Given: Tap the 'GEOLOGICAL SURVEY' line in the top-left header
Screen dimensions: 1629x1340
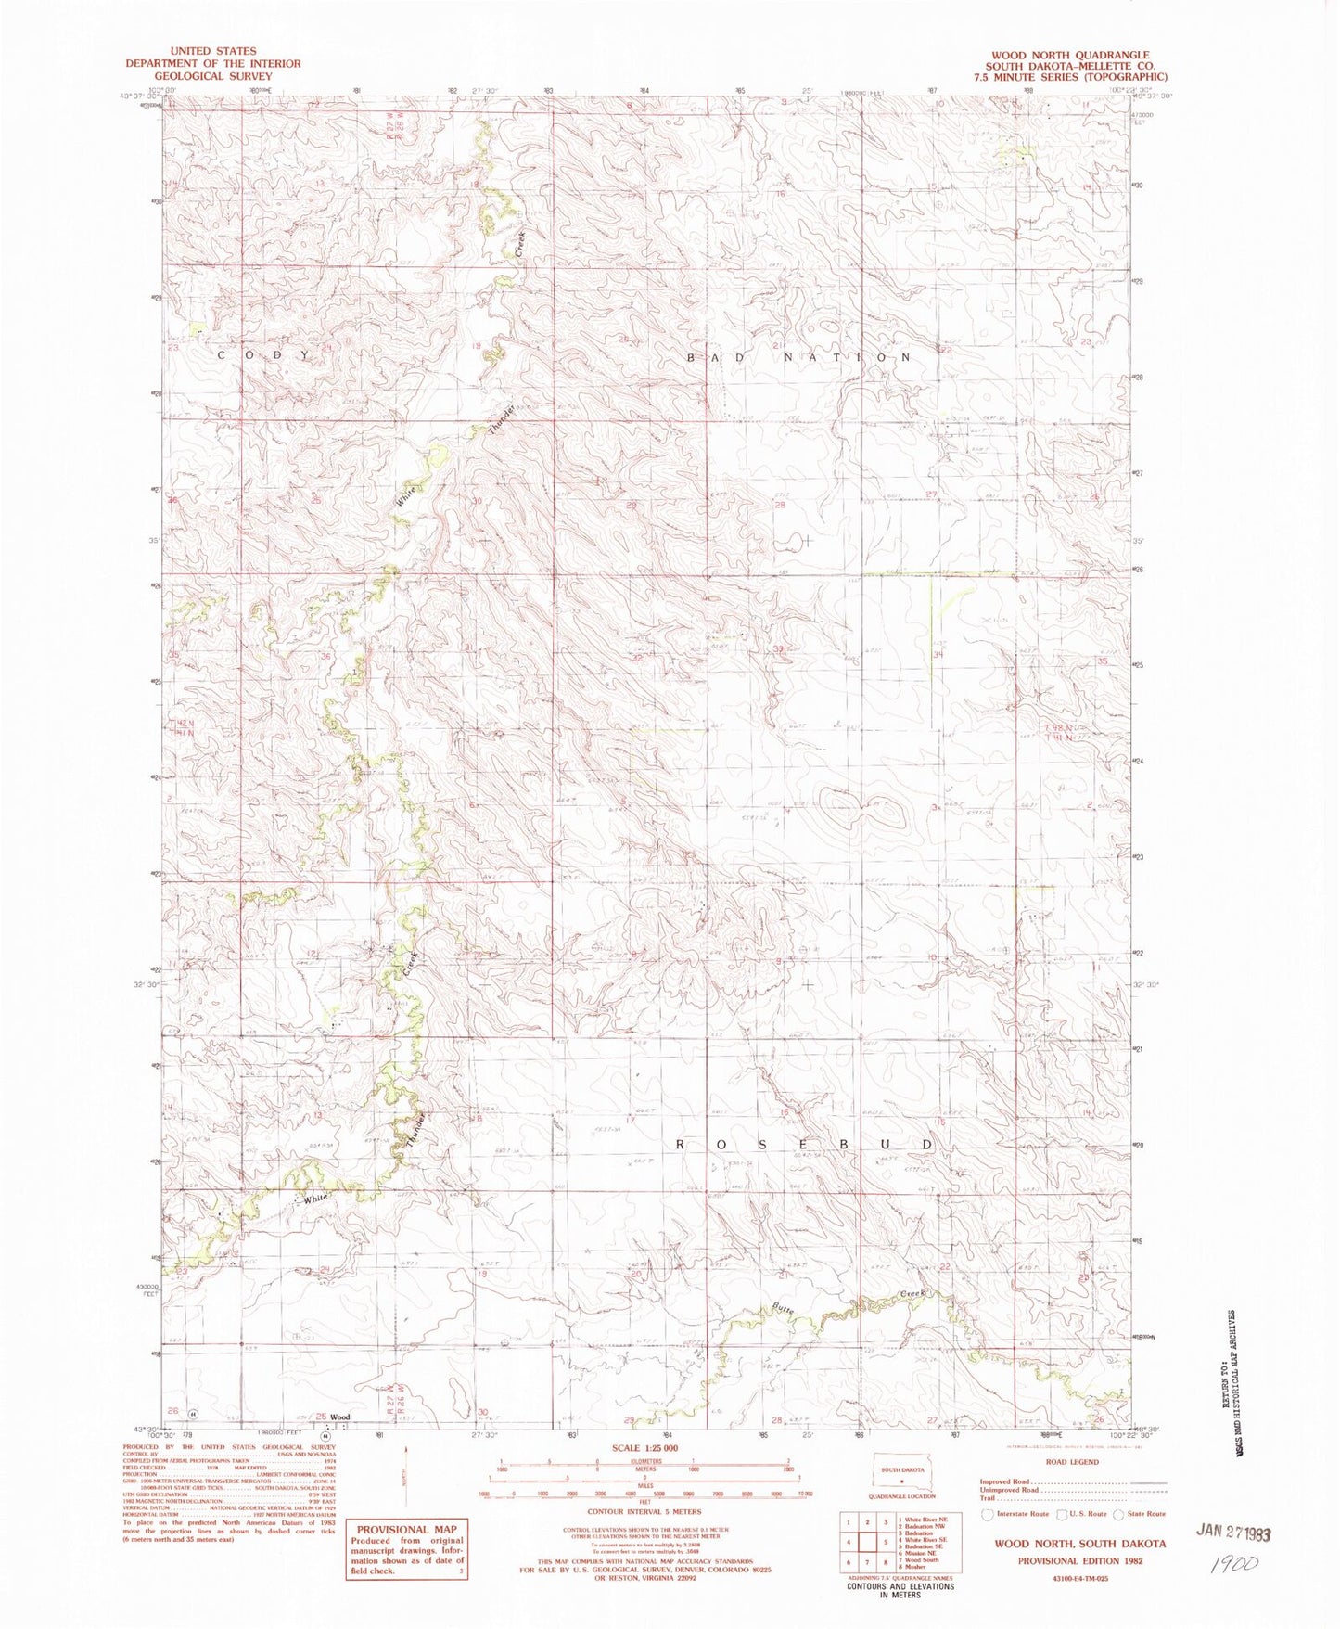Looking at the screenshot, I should (x=213, y=76).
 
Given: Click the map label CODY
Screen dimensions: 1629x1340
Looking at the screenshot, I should (x=264, y=355).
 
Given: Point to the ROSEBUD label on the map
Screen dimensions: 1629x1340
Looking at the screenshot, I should (x=804, y=1145).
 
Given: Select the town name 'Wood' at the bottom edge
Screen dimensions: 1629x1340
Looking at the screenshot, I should (x=340, y=1417).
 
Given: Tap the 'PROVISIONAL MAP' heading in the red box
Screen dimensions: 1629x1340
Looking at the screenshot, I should (x=406, y=1530).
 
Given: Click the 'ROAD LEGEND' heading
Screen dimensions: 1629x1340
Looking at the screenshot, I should (x=1072, y=1461).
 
